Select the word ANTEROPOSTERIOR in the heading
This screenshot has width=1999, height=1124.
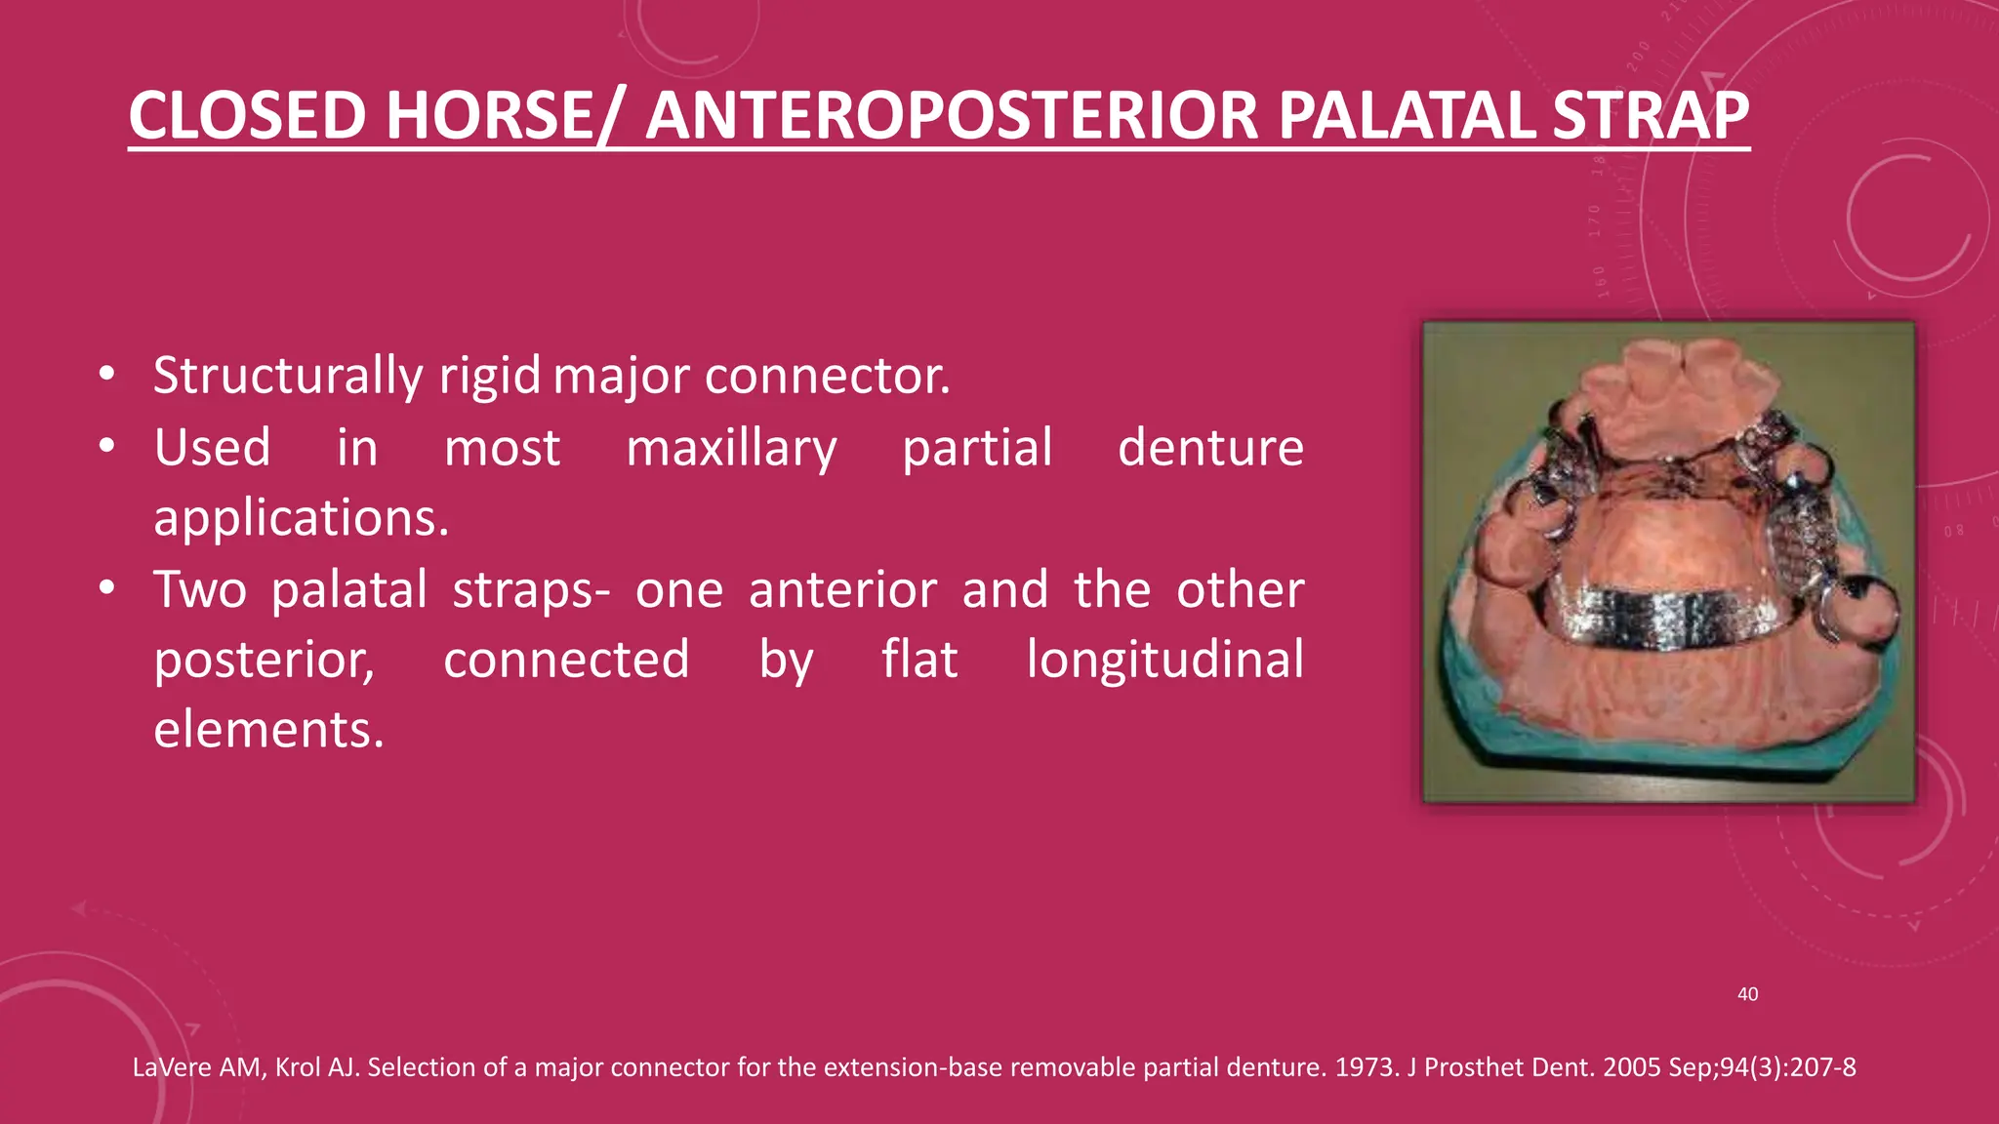(x=953, y=116)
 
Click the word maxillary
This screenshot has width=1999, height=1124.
(x=731, y=448)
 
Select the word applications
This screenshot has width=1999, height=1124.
(x=301, y=517)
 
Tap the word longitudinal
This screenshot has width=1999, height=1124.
(x=1164, y=660)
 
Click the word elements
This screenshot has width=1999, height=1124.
(x=268, y=730)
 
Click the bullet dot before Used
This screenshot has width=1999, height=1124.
(x=107, y=447)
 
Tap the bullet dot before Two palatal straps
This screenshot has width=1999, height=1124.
(x=107, y=588)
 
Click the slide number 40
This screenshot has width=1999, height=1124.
(x=1747, y=994)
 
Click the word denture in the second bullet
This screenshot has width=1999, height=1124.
(x=1209, y=448)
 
